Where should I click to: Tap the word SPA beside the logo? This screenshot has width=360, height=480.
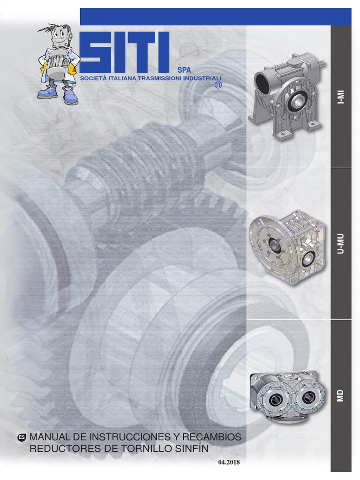[x=184, y=70]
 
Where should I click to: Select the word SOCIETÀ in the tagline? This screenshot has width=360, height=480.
[x=91, y=78]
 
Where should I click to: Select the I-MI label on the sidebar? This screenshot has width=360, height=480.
[x=341, y=97]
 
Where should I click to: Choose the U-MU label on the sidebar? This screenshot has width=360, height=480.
[x=341, y=244]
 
